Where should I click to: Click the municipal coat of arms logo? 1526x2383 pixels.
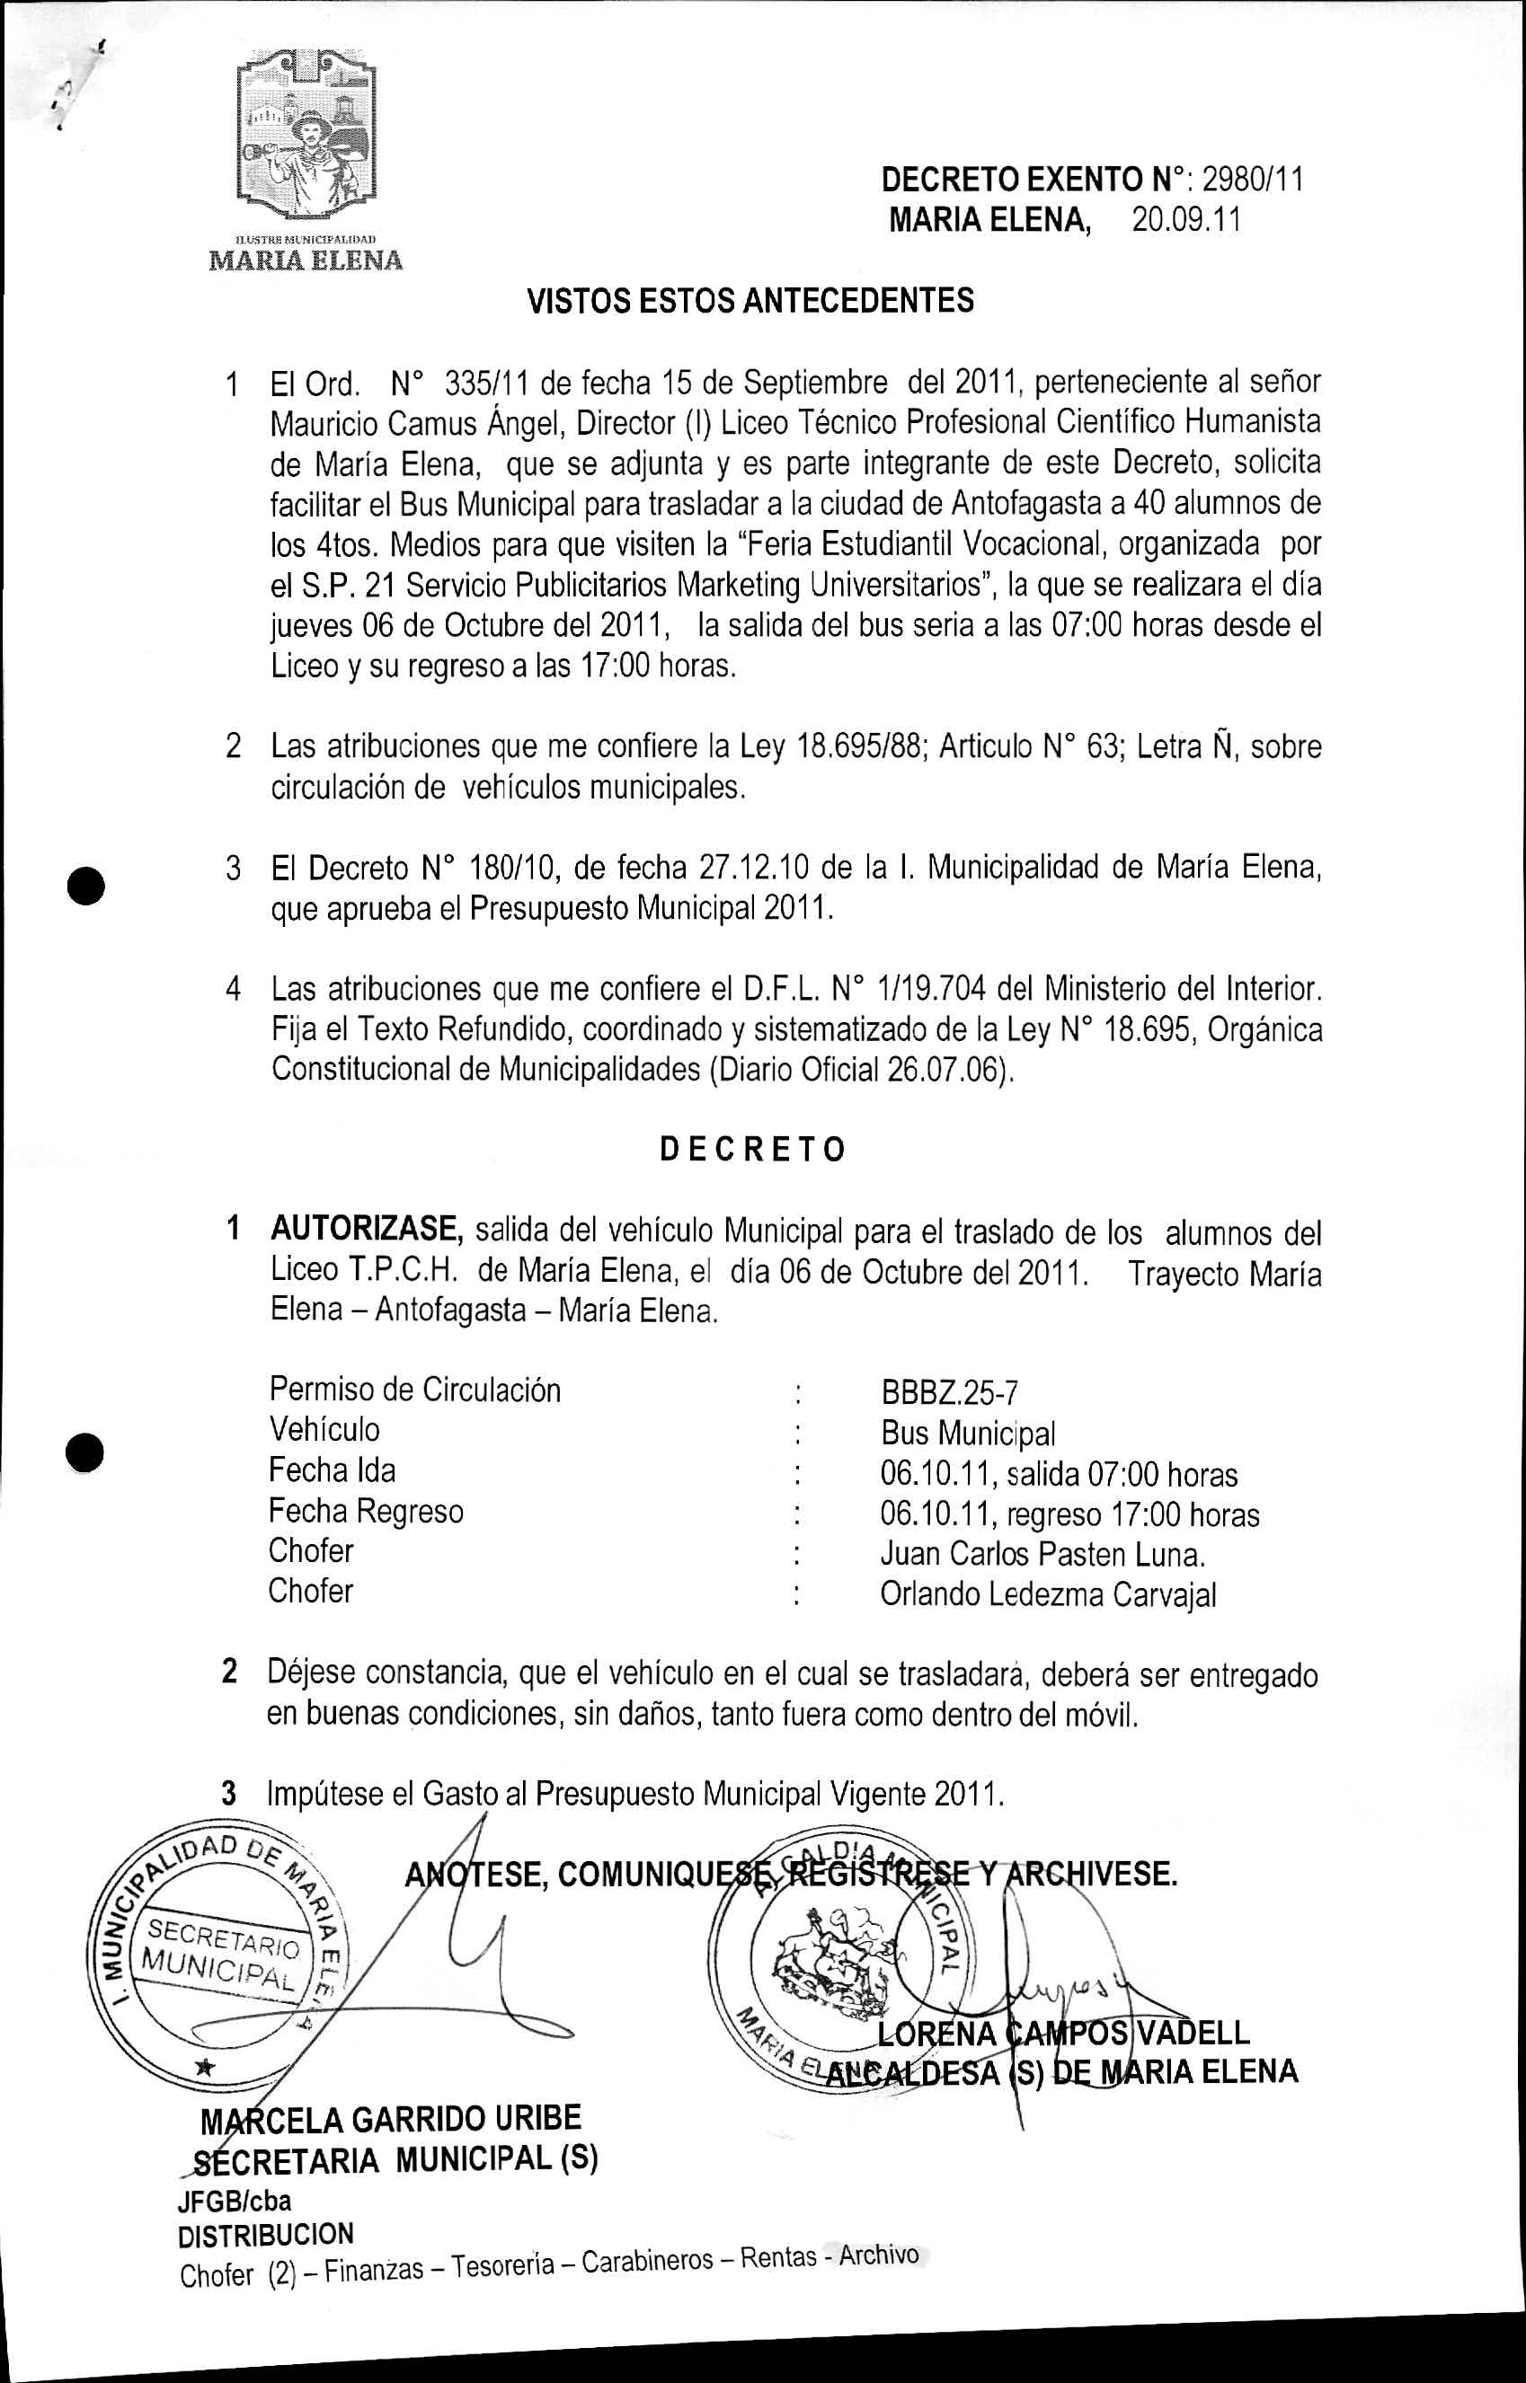(x=306, y=138)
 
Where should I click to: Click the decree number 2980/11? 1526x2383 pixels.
(x=1252, y=180)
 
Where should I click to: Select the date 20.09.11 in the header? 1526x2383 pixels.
(x=1186, y=219)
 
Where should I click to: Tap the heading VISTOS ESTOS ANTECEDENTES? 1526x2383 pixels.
(x=750, y=300)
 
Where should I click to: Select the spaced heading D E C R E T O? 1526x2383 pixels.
(x=752, y=1149)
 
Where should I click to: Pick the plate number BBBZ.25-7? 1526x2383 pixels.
(x=949, y=1393)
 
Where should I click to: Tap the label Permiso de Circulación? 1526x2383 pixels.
(x=414, y=1390)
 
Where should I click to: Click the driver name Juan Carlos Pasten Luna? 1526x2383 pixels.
(x=1042, y=1554)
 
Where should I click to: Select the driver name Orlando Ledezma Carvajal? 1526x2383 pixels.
(x=1047, y=1594)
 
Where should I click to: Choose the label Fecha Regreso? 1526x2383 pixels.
(x=366, y=1512)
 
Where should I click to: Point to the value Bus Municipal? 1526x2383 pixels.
(x=967, y=1434)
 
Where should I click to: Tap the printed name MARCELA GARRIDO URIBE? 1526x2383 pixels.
(x=392, y=2121)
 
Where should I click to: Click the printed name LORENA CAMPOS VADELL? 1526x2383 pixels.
(x=1063, y=2034)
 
